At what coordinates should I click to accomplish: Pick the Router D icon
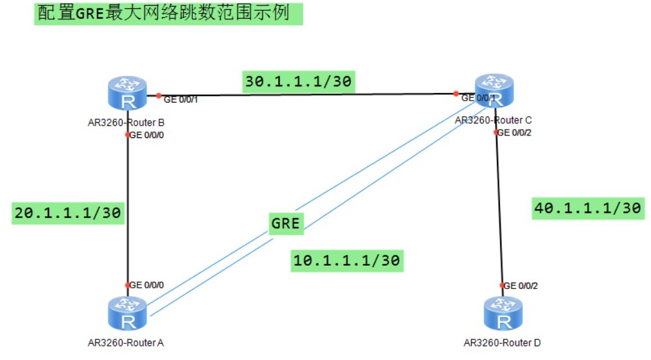click(x=503, y=314)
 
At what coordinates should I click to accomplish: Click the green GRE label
click(x=285, y=223)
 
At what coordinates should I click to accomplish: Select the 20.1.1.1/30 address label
click(x=67, y=213)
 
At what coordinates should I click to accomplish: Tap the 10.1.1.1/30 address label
click(x=346, y=259)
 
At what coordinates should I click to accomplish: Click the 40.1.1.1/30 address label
click(x=587, y=208)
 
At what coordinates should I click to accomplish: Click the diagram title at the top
click(x=168, y=14)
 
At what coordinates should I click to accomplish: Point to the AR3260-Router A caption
click(x=126, y=343)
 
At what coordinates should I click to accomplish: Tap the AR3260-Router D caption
click(x=502, y=343)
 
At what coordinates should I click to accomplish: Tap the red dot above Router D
click(x=501, y=285)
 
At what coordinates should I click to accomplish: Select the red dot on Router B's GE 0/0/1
click(x=159, y=95)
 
